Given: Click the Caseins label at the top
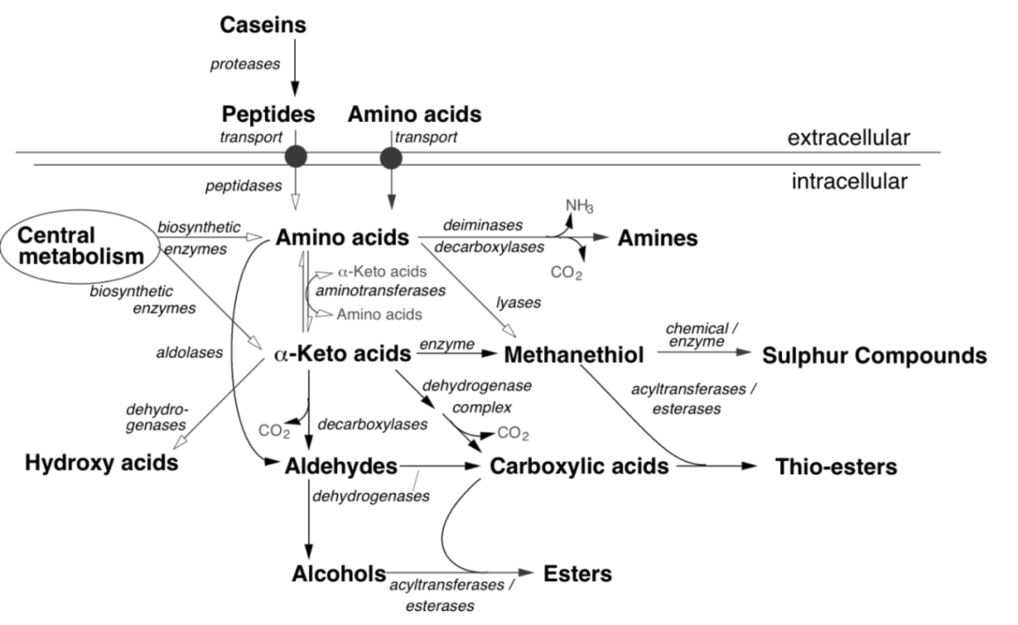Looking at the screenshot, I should (263, 25).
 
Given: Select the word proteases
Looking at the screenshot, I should (245, 65).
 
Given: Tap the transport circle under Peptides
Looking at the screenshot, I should (295, 157).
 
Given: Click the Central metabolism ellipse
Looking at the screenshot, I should (80, 246).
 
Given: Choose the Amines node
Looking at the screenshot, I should (657, 238).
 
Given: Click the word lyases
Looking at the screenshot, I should (518, 303).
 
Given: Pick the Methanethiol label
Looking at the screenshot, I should (574, 355).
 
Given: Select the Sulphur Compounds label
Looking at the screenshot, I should (874, 356).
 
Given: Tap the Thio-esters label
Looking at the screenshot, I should (836, 467).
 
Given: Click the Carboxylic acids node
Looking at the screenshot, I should (579, 466).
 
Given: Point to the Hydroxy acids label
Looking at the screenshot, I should (102, 463).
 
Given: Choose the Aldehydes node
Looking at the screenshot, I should (341, 466).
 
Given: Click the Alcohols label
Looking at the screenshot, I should (338, 574).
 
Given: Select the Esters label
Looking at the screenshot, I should (578, 574).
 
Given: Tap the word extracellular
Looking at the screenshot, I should (848, 138).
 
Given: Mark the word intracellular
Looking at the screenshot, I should (849, 181).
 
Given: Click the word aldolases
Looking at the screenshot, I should (189, 353).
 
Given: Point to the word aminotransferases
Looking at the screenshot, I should (380, 291).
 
